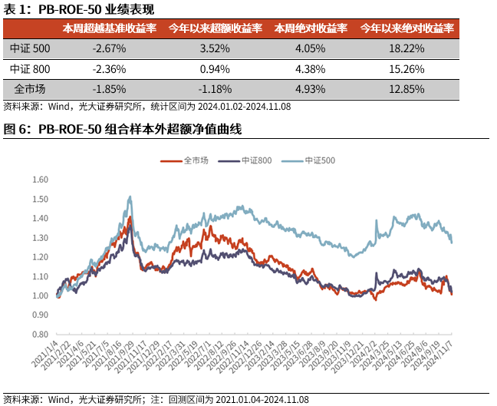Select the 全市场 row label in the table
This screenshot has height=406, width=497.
30,88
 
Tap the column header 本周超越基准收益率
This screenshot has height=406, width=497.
110,28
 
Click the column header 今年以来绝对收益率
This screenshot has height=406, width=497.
407,28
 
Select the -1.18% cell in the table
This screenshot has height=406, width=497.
210,88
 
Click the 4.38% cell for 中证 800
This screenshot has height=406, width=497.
310,68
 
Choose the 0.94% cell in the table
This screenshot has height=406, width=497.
210,68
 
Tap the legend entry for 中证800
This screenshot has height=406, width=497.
248,160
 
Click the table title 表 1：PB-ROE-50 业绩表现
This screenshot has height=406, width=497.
79,9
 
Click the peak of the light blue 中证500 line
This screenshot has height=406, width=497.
130,196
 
